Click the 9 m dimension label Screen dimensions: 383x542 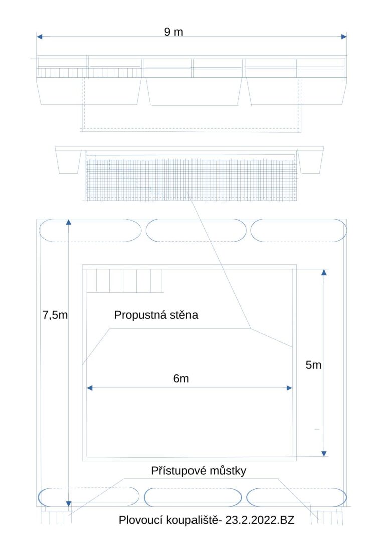coord(174,32)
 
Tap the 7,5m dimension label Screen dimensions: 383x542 coord(55,315)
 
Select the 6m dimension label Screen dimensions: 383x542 coord(181,379)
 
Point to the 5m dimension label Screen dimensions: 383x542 coord(314,365)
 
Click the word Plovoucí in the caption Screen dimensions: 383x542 coord(140,520)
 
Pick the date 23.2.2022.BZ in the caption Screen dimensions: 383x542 coord(260,520)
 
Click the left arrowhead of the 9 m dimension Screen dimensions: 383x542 coord(40,37)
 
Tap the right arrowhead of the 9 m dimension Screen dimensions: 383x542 coord(344,37)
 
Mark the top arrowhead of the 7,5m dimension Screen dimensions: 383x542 coord(68,222)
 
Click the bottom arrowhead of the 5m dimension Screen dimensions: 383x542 coord(324,454)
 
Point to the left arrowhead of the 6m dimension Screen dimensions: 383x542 coord(90,388)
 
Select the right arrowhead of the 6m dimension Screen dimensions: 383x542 coord(289,388)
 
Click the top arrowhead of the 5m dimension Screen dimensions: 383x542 coord(324,273)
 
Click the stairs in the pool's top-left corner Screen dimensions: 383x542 coord(124,281)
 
